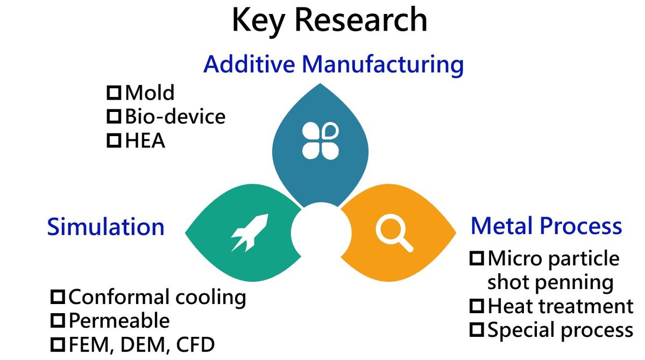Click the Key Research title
[x=329, y=20]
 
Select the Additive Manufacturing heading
[x=334, y=65]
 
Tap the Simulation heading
[x=106, y=227]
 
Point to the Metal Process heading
[x=546, y=226]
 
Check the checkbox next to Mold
[x=114, y=93]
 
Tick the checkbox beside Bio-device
[x=114, y=116]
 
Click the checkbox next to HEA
[x=114, y=140]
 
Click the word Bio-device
[x=175, y=116]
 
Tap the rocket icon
[x=250, y=232]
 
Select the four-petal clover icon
[x=321, y=140]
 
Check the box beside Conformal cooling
[x=58, y=297]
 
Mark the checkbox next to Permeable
[x=58, y=321]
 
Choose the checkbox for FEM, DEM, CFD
[x=58, y=344]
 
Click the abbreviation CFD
[x=195, y=345]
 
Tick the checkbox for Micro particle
[x=477, y=258]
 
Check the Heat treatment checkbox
[x=477, y=306]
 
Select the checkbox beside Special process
[x=477, y=329]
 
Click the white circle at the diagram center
[x=321, y=232]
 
